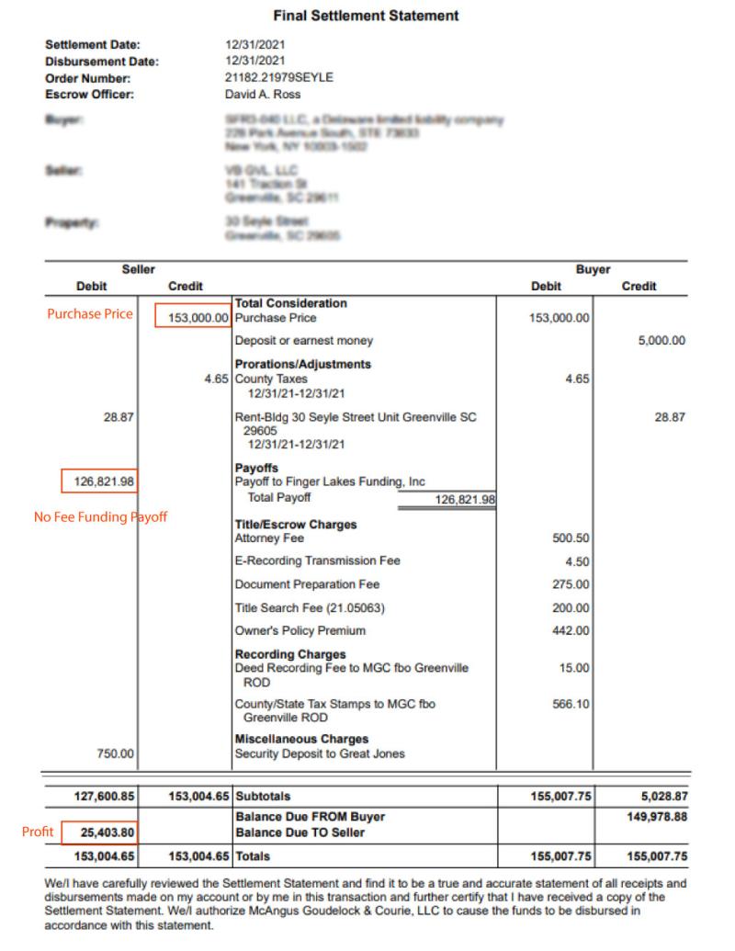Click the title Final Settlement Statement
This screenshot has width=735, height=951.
point(366,16)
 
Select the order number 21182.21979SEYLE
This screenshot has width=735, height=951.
point(278,78)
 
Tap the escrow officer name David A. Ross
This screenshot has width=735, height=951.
point(263,94)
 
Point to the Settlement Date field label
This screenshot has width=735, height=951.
point(92,45)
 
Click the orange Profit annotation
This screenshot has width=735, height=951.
point(38,832)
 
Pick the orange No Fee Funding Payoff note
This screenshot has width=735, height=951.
point(100,517)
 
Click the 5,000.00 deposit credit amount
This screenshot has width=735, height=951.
point(661,341)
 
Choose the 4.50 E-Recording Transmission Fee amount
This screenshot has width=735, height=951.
point(579,561)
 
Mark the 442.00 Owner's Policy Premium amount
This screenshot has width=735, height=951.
point(572,631)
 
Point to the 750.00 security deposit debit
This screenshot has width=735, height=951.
point(116,754)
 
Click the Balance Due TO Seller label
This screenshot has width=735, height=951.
point(300,832)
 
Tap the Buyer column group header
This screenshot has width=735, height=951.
point(593,270)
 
